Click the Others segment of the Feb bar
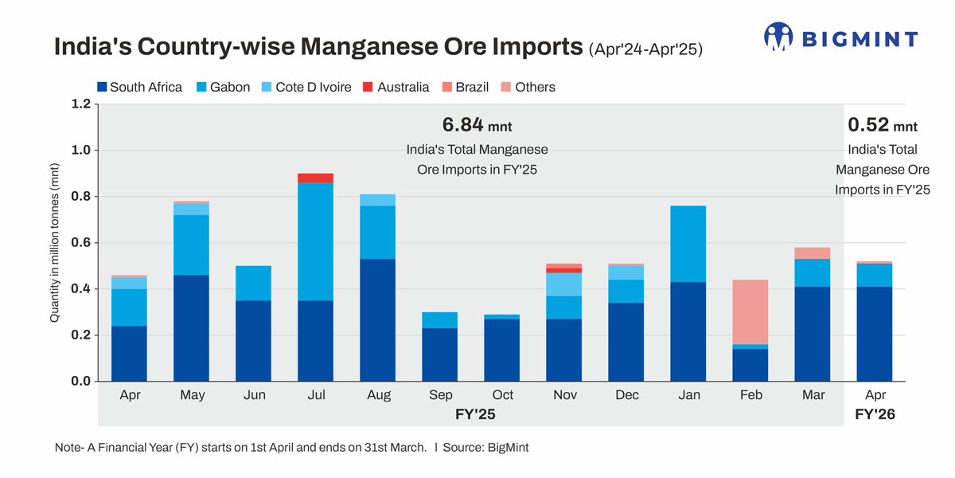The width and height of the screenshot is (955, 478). click(750, 311)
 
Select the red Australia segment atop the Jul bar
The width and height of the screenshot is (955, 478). click(315, 178)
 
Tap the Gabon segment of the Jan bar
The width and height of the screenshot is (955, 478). click(688, 244)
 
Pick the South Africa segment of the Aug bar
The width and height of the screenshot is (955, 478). click(377, 319)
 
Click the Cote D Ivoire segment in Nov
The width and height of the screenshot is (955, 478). click(563, 284)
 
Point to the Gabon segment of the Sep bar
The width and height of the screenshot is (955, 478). click(439, 320)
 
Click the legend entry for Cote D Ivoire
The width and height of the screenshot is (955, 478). click(306, 87)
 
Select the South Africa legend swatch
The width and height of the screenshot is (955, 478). click(102, 87)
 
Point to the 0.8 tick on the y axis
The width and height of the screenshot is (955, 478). click(80, 197)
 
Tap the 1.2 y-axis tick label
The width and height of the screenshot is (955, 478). click(80, 104)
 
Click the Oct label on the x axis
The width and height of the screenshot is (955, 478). click(502, 395)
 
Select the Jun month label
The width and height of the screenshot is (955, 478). click(254, 395)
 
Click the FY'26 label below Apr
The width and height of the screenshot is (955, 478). click(875, 414)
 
